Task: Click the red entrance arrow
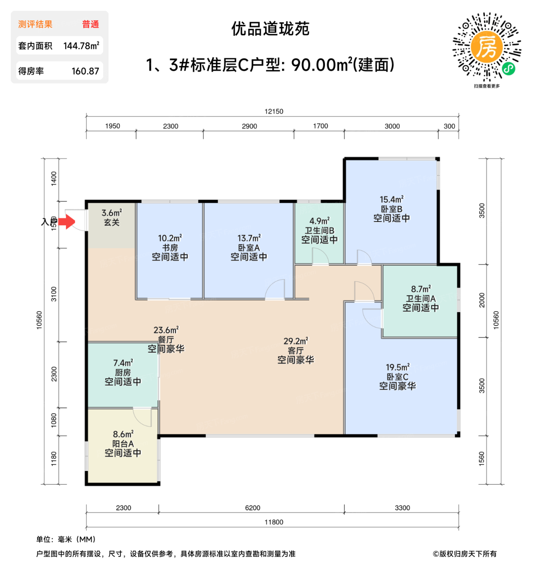point(67,222)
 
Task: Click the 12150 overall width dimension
point(274,111)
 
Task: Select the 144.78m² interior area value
point(81,46)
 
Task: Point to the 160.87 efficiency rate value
point(85,71)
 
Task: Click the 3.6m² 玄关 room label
point(112,217)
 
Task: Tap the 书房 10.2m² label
point(170,247)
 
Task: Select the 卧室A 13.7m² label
point(249,247)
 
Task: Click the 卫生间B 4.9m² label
point(319,230)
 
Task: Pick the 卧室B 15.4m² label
point(391,209)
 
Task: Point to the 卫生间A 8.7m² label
point(420,298)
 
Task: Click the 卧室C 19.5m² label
point(397,377)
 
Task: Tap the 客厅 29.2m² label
point(295,350)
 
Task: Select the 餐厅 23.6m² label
point(166,339)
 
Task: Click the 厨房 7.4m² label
point(123,372)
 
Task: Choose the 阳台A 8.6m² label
point(123,443)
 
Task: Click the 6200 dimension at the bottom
point(252,508)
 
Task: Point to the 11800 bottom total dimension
point(274,522)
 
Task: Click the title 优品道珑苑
point(270,29)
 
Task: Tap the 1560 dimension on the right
point(482,458)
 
